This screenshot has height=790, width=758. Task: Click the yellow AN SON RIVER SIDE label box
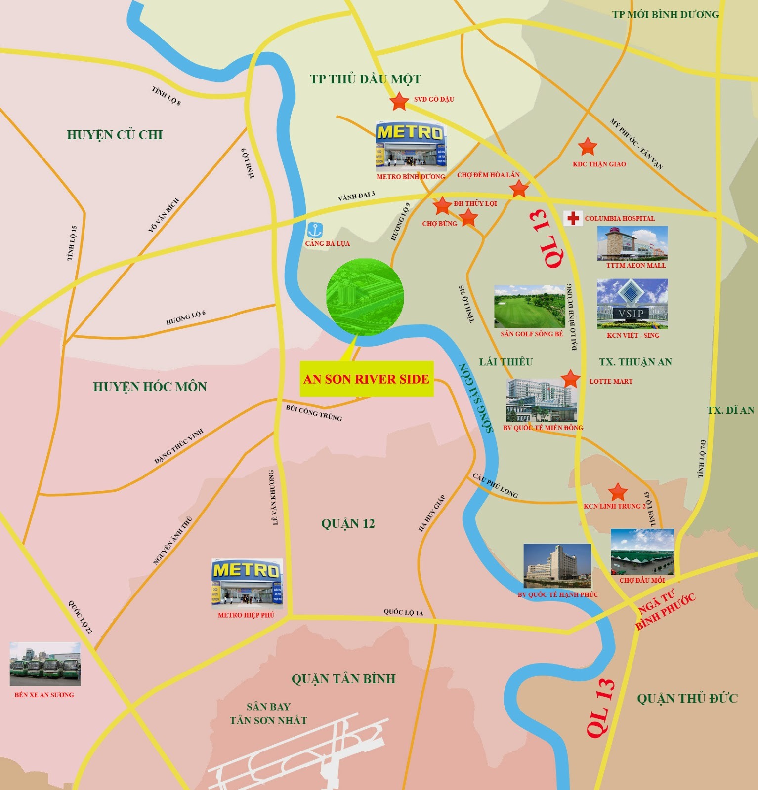click(367, 379)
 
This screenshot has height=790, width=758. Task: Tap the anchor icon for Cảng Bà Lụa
click(315, 230)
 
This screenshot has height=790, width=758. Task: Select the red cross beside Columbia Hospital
click(573, 218)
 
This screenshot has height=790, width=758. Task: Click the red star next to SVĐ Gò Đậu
click(399, 101)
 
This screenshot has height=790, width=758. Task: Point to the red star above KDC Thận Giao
click(588, 146)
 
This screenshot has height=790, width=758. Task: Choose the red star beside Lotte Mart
click(571, 379)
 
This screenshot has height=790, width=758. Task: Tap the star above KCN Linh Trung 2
click(618, 492)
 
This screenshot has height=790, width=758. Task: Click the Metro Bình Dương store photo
click(411, 147)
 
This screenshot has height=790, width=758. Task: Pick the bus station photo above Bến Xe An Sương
click(45, 664)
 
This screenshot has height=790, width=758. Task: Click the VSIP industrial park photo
click(632, 304)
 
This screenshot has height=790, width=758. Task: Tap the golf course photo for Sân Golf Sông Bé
click(530, 306)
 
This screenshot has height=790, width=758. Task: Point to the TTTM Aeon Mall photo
click(632, 243)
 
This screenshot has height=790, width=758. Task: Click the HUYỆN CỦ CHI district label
click(115, 135)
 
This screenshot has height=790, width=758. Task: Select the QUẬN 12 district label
click(348, 524)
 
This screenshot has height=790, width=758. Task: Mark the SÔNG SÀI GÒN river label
click(476, 398)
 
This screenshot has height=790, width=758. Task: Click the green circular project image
click(365, 297)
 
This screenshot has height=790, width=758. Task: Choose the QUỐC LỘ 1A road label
click(403, 612)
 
